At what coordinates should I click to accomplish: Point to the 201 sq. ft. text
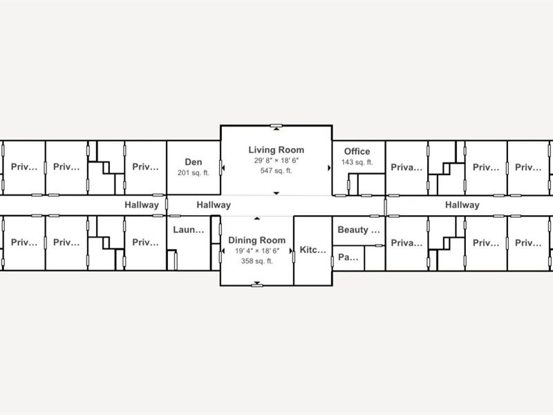tap(194, 173)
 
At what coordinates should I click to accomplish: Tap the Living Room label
tap(276, 149)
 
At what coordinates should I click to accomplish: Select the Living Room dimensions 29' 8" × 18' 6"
tap(276, 160)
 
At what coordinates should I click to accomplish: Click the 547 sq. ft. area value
tap(276, 170)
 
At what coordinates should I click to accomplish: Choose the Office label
tap(357, 151)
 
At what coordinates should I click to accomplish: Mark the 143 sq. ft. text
tap(357, 162)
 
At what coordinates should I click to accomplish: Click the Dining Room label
tap(257, 240)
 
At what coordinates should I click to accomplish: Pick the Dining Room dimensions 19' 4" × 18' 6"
tap(257, 250)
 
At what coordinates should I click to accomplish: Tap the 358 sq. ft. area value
tap(257, 261)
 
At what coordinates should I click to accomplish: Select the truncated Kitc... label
tap(312, 250)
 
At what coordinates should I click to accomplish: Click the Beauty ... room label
tap(359, 229)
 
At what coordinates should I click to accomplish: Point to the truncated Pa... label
tap(348, 257)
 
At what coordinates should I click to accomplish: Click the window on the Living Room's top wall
tap(276, 126)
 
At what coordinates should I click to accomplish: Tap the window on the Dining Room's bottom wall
tap(257, 285)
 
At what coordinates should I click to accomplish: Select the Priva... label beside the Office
tap(406, 167)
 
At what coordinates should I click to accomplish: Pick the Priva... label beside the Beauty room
tap(406, 243)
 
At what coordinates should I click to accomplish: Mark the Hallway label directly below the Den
tap(214, 205)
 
